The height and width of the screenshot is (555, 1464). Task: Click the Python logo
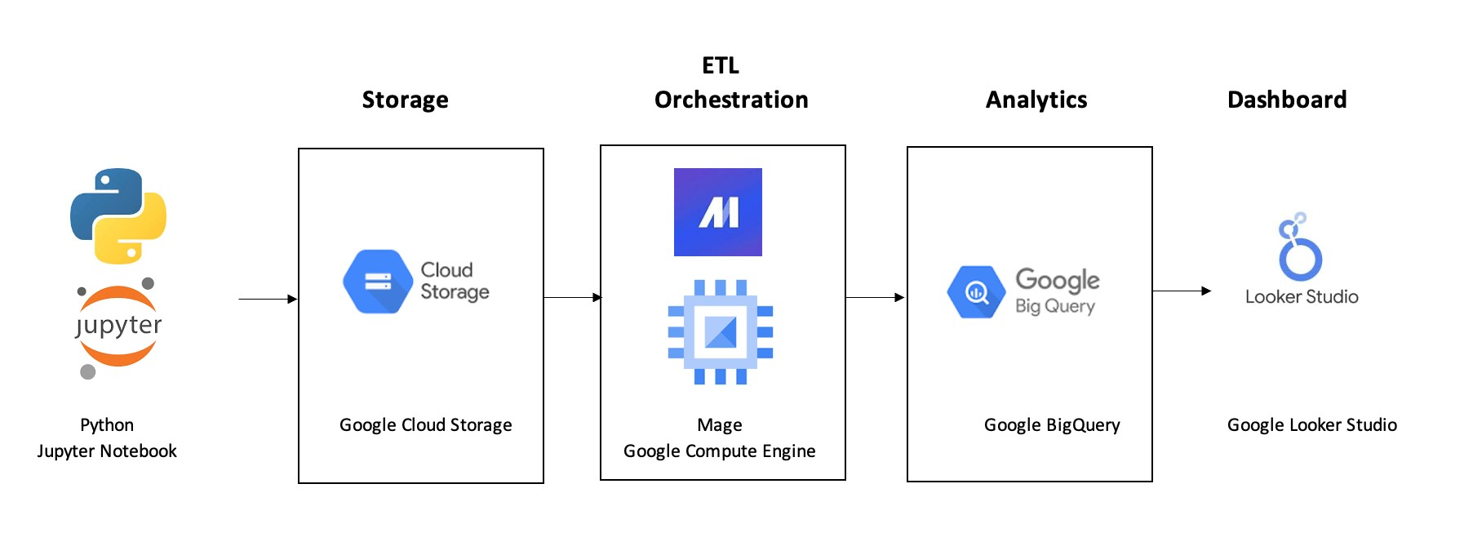click(x=118, y=216)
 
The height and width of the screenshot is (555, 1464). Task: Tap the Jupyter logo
click(x=118, y=326)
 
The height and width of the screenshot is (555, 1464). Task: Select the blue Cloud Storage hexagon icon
click(x=377, y=282)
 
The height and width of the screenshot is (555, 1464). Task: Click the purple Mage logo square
click(x=718, y=212)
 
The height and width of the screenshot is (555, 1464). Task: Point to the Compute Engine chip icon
click(x=720, y=331)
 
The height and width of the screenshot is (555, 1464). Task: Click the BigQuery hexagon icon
click(x=975, y=291)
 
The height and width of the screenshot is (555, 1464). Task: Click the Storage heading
click(x=405, y=100)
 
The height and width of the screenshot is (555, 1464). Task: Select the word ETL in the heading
click(x=720, y=65)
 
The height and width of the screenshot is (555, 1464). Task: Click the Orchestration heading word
click(x=731, y=100)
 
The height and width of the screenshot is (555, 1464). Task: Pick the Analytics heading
click(x=1036, y=100)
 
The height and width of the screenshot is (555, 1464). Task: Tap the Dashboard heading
click(x=1287, y=100)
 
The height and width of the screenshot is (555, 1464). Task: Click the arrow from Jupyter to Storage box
click(x=268, y=299)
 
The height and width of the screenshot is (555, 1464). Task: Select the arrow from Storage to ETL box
click(x=572, y=297)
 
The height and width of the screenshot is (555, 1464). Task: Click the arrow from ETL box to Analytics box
click(x=875, y=297)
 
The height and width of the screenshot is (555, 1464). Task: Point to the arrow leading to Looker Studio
click(x=1182, y=291)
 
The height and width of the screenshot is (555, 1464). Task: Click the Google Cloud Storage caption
click(x=425, y=425)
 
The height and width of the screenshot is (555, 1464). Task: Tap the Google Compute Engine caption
click(x=719, y=451)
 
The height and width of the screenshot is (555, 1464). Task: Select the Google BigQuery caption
click(x=1052, y=425)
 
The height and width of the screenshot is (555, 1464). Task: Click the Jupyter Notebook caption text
click(x=107, y=451)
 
